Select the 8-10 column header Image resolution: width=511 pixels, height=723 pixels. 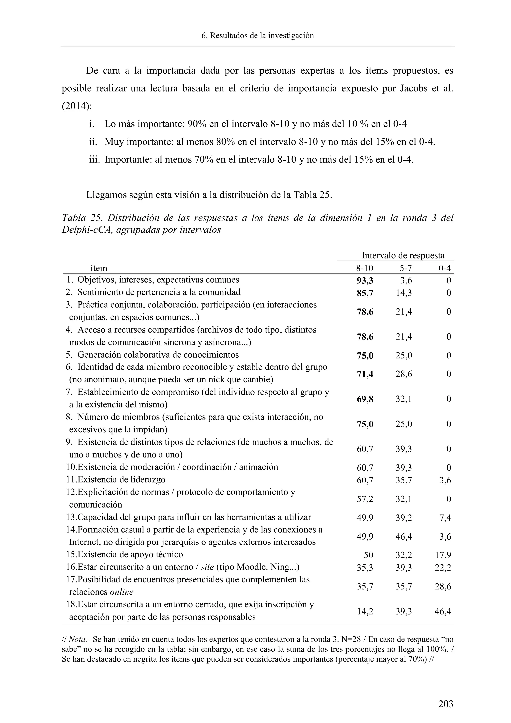364,268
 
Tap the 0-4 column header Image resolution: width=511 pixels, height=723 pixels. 445,268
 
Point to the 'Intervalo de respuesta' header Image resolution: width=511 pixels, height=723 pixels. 403,255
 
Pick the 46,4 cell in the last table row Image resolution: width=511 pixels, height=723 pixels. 443,611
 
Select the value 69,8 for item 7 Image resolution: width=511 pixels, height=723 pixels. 365,399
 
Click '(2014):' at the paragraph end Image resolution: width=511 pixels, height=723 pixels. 77,106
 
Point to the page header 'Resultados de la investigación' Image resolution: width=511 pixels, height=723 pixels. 262,36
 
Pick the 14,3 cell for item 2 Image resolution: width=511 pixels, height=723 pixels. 404,293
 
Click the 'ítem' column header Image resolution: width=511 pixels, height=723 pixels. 99,268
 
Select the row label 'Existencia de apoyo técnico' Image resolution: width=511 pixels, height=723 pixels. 130,554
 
